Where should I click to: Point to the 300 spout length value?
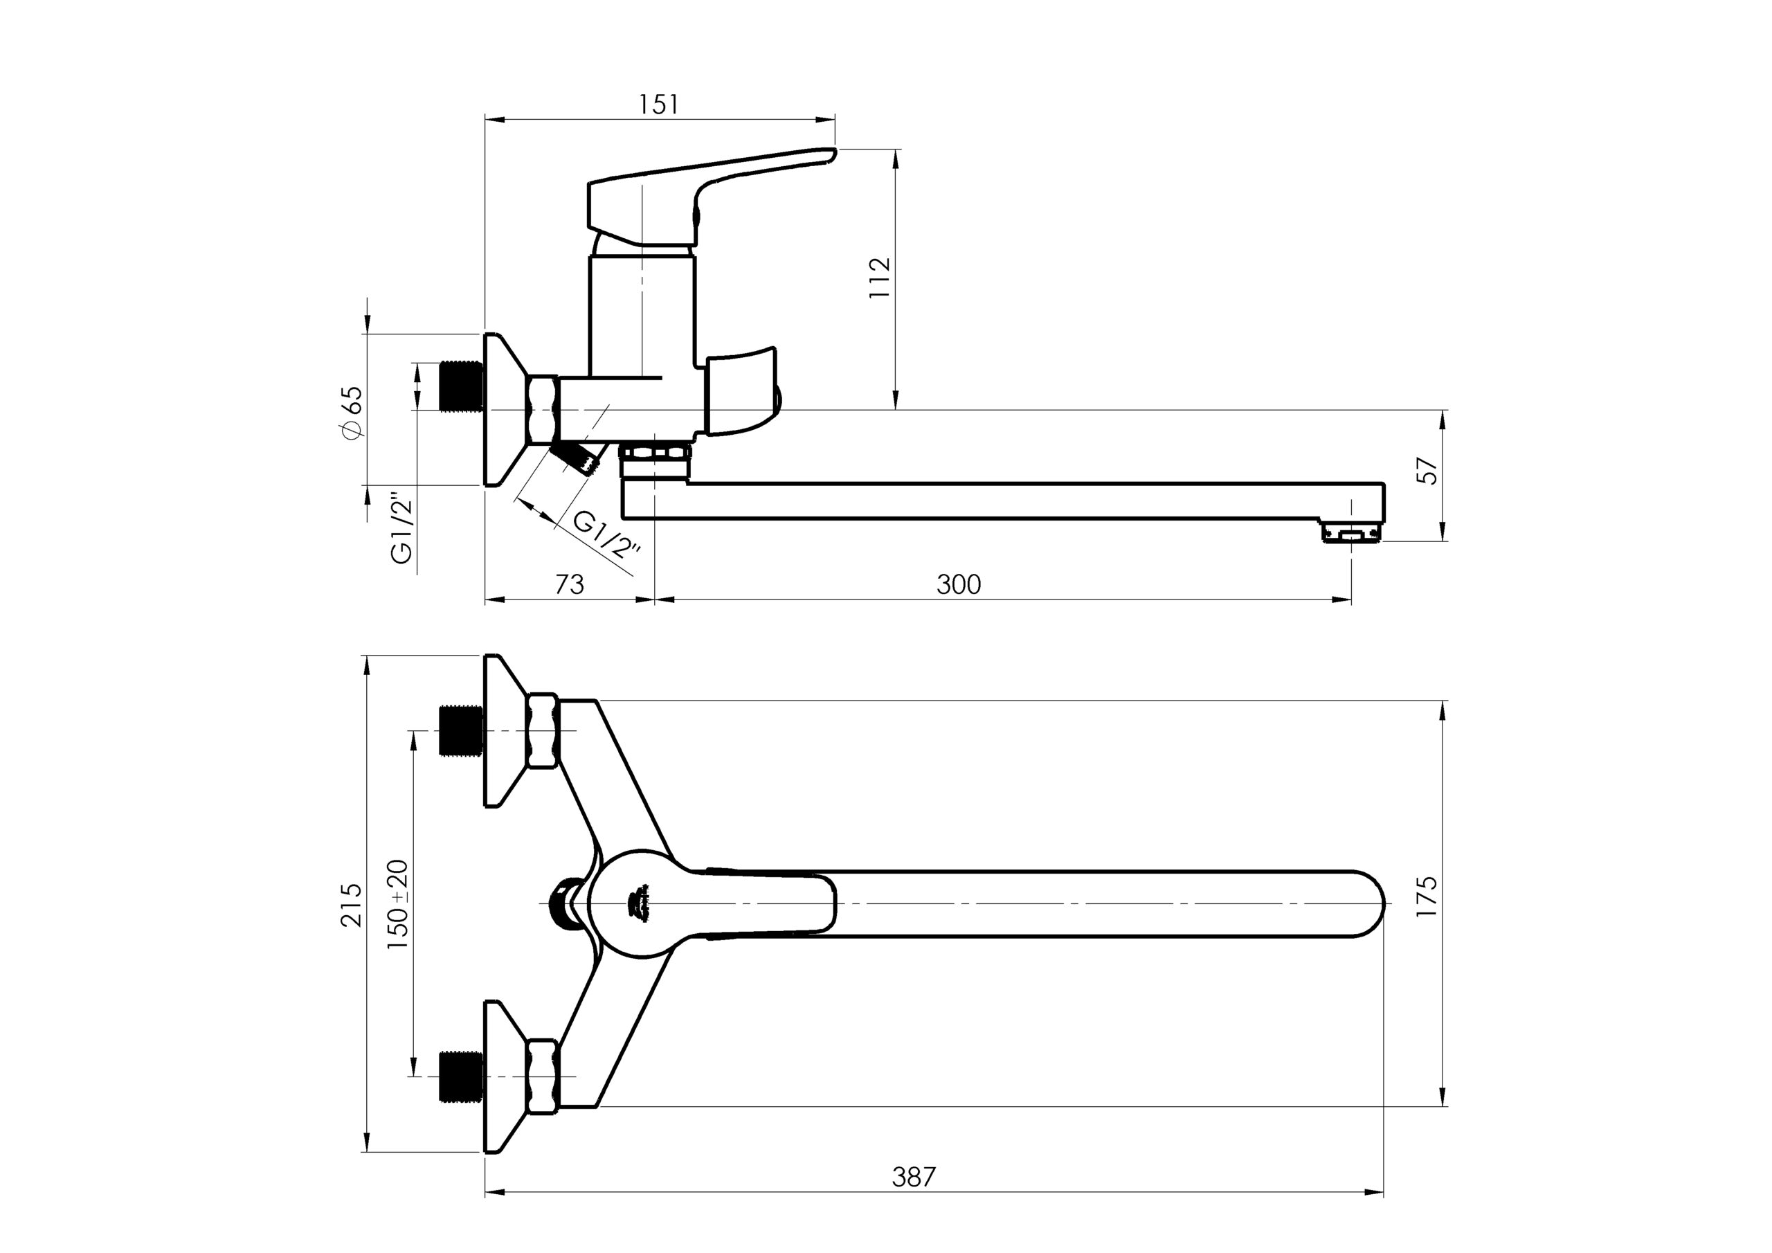[x=959, y=584]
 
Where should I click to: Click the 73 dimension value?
[x=570, y=584]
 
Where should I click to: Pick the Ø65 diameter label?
[x=351, y=414]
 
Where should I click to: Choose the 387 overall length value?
[x=914, y=1177]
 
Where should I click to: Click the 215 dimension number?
[x=351, y=905]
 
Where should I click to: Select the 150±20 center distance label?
[x=398, y=904]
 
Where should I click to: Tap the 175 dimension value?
[x=1428, y=896]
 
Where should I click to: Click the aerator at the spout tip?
[x=1351, y=533]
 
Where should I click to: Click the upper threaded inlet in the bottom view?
[x=461, y=730]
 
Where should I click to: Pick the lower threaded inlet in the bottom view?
[x=461, y=1075]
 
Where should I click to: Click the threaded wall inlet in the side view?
[x=461, y=386]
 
